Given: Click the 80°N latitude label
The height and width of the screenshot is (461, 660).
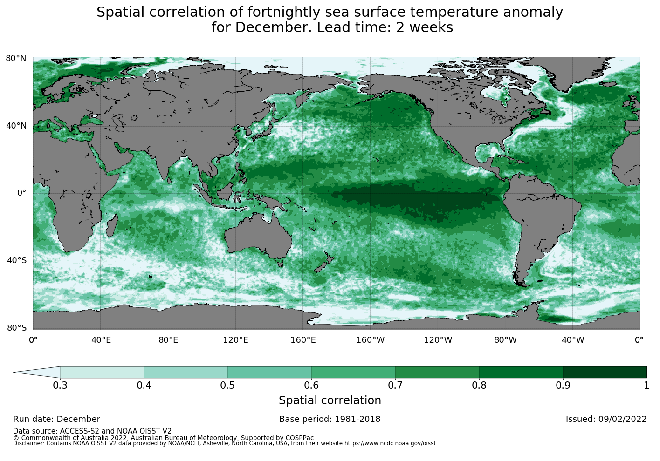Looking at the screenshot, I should click(x=16, y=58).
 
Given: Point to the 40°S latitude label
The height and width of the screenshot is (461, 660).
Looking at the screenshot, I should click(x=16, y=260).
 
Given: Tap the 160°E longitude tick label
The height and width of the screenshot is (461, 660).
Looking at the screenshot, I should click(x=303, y=340).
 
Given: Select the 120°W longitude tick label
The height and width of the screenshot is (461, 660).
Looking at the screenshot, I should click(x=438, y=340).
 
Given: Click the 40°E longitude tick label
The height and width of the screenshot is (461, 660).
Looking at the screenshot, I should click(x=101, y=340).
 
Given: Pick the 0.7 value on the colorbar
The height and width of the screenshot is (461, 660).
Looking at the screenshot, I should click(x=395, y=385).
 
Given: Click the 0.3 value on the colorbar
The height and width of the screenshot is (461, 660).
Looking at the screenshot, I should click(x=60, y=385).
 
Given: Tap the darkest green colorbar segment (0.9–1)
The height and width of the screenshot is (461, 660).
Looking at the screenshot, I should click(x=605, y=372).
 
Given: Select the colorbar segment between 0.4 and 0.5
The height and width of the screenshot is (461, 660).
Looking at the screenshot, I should click(x=186, y=372).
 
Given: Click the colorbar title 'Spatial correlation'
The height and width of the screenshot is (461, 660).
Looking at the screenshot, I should click(x=330, y=400).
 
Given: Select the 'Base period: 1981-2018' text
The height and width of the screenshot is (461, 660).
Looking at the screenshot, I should click(x=330, y=419).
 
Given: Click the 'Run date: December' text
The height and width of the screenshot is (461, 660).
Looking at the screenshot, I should click(x=56, y=419).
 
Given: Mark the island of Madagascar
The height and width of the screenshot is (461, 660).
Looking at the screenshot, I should click(x=112, y=227).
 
